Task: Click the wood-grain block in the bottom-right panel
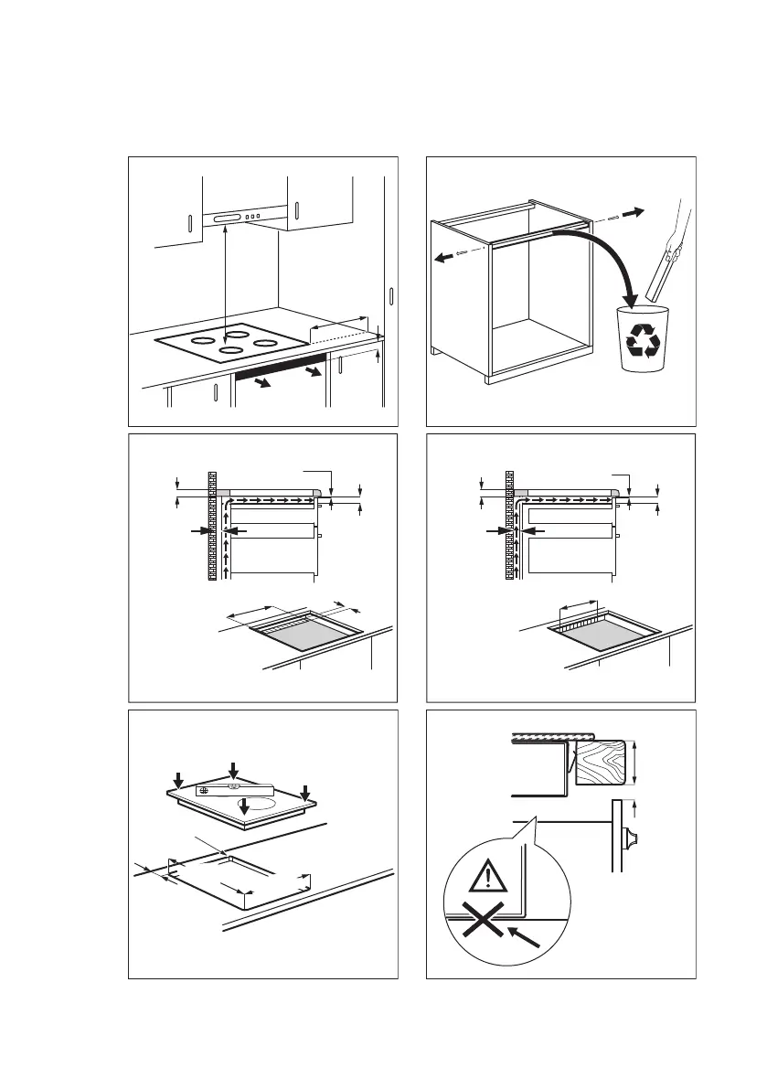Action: coord(602,761)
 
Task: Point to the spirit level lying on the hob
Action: coord(234,789)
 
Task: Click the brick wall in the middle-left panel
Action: coord(213,526)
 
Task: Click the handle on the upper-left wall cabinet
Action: coord(189,225)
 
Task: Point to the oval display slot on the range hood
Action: coord(225,218)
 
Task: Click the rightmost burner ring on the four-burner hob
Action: coord(266,343)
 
